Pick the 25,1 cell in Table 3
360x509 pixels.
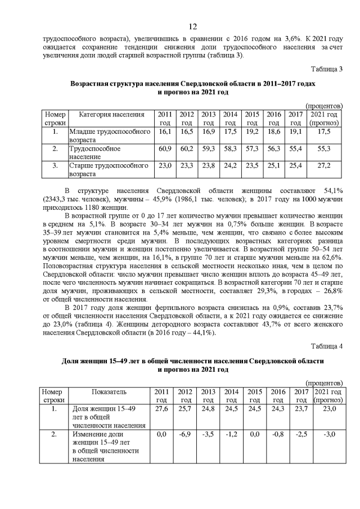(274, 166)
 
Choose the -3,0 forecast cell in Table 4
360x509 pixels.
(328, 434)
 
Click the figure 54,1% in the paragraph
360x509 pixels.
(333, 192)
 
